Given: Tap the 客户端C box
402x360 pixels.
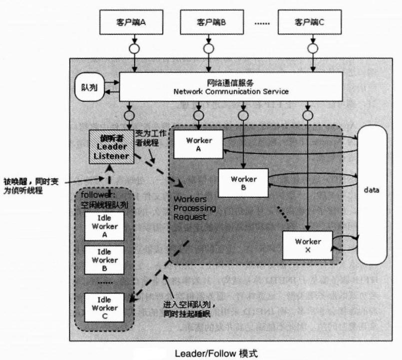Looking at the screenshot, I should [x=310, y=22].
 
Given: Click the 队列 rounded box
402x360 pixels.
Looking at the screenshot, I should [x=89, y=87].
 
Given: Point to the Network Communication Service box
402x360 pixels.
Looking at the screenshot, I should [x=231, y=87].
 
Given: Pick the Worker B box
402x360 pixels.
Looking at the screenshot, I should [x=244, y=183].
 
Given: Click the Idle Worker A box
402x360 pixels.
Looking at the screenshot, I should [x=104, y=226].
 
